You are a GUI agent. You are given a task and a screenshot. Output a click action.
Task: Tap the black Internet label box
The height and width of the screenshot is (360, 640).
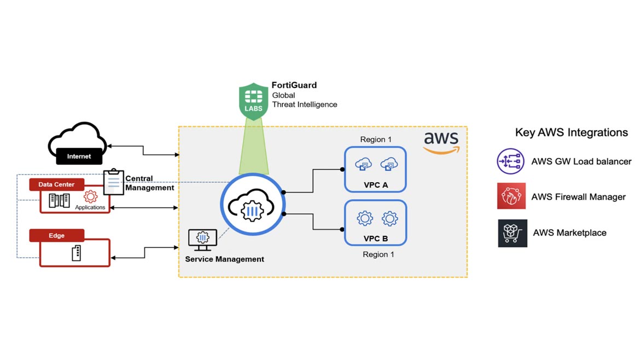tap(79, 156)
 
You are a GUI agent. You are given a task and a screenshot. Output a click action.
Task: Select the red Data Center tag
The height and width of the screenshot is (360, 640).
tap(56, 184)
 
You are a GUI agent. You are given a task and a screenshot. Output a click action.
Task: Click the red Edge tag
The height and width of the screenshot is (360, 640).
tap(56, 235)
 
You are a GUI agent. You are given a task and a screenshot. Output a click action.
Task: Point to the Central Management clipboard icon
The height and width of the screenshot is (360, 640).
tap(114, 182)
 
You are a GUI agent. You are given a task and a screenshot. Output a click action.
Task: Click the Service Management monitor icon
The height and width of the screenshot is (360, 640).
tap(202, 240)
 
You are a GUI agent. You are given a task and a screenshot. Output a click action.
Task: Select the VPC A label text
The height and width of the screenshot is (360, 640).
tap(375, 185)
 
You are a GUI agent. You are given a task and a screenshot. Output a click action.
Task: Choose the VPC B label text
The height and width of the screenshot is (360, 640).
tap(375, 239)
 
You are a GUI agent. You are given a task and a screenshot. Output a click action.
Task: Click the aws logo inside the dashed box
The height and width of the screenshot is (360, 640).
tap(441, 141)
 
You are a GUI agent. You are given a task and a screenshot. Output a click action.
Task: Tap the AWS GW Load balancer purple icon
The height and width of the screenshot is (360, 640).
tap(510, 161)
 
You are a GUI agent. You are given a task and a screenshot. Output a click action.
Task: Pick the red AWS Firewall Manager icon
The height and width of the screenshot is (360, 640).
tap(511, 196)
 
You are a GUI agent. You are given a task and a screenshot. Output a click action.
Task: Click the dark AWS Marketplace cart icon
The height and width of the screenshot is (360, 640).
tap(513, 233)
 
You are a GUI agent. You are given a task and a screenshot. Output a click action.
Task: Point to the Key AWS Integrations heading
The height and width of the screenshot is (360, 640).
tap(571, 132)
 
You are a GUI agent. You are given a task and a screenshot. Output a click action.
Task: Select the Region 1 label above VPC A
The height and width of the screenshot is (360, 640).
tap(376, 140)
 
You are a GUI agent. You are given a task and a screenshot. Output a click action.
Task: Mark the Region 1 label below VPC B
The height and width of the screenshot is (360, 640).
tap(378, 254)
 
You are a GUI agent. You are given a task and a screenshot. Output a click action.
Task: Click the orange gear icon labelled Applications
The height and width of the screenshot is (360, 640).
tap(90, 196)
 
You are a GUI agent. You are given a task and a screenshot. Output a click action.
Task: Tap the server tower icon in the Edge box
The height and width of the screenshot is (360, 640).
tap(76, 253)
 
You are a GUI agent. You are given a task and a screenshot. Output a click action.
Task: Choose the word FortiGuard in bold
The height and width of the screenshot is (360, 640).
tap(294, 85)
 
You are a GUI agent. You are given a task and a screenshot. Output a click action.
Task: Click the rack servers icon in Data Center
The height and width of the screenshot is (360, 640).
tap(59, 200)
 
